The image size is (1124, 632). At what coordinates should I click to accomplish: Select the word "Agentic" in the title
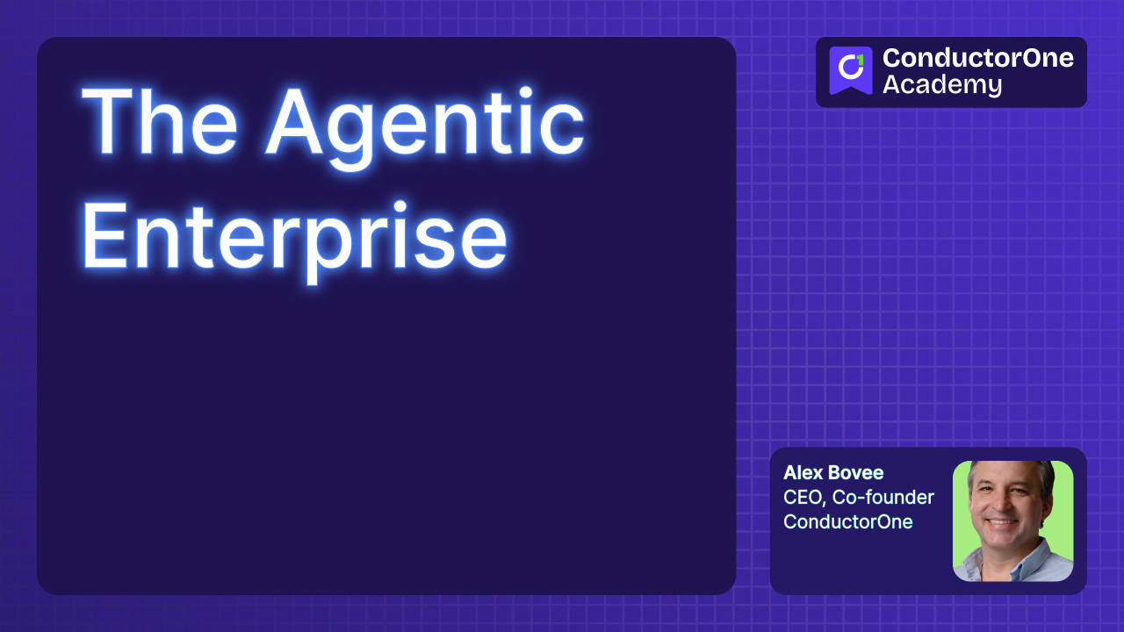click(425, 123)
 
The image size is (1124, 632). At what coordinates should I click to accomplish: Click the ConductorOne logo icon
click(850, 71)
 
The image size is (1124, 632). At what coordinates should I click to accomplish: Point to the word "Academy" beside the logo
click(941, 85)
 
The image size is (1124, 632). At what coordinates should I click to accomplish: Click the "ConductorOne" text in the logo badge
click(977, 58)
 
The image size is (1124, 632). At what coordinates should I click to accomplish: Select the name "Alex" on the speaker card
click(801, 473)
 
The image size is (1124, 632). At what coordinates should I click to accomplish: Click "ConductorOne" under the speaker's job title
click(847, 522)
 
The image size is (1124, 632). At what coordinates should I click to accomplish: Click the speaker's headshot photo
click(1012, 521)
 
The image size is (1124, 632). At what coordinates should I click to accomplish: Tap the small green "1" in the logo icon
click(859, 60)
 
